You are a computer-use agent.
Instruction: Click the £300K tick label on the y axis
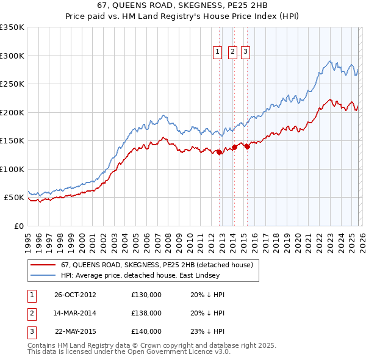[x=12, y=56]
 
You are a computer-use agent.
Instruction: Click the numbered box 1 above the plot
[x=218, y=52]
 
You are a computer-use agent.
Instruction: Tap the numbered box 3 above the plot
[x=245, y=52]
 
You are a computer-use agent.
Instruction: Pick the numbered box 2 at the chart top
[x=232, y=52]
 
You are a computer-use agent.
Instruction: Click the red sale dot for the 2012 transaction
[x=219, y=153]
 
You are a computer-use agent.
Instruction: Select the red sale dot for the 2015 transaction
[x=247, y=146]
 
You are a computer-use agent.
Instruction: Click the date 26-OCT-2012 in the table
[x=75, y=295]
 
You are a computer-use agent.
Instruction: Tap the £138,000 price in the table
[x=146, y=313]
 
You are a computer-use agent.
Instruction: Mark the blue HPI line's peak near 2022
[x=329, y=61]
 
